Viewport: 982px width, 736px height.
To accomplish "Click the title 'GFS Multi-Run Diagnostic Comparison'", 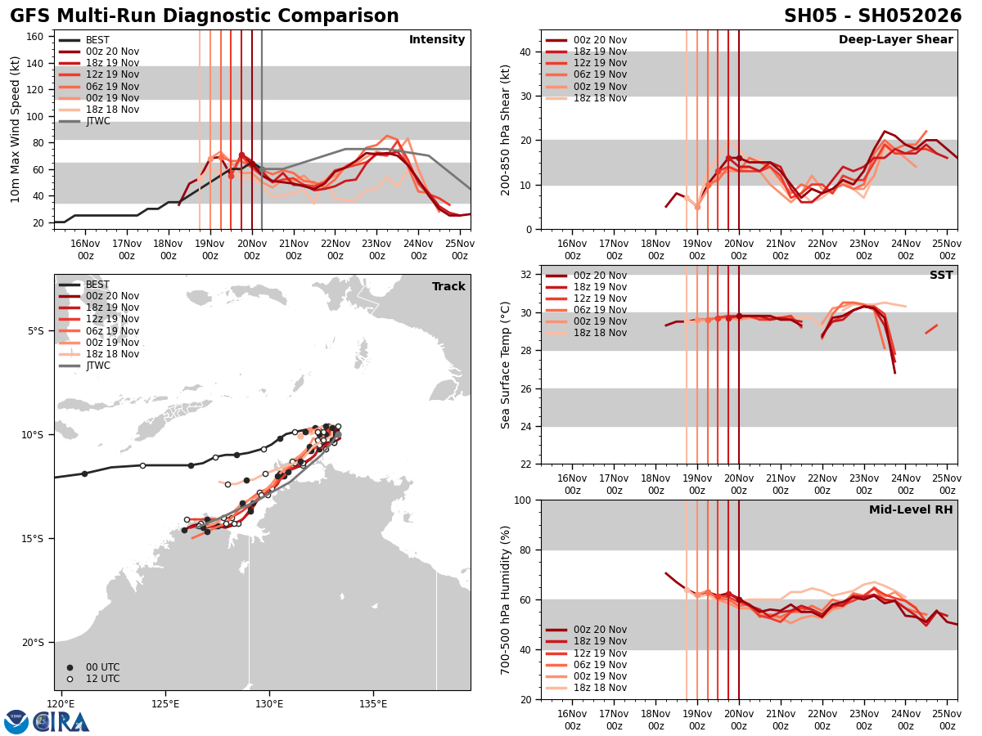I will tap(205, 16).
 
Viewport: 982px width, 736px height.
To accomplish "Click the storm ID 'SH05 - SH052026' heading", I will tap(872, 16).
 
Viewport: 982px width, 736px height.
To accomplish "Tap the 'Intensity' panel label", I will tap(437, 40).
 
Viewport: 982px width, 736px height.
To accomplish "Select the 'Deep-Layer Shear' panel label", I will tap(895, 40).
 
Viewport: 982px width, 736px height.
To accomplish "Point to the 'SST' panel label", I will tap(941, 276).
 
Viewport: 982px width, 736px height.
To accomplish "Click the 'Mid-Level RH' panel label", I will tap(911, 510).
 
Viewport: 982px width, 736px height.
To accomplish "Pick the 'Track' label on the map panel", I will tap(448, 287).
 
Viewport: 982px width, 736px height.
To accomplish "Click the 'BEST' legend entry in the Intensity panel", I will tap(97, 40).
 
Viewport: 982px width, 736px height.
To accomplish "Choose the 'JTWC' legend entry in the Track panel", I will tap(97, 366).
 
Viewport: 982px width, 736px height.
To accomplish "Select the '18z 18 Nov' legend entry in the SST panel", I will tap(600, 333).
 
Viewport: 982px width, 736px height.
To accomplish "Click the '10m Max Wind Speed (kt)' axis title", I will tap(15, 129).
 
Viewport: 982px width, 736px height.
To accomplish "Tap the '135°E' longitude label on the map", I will tap(373, 703).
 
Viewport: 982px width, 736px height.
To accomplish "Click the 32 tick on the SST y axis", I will tap(527, 274).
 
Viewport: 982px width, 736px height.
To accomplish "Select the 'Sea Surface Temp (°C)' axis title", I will tap(507, 365).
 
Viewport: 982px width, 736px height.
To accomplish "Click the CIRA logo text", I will tap(62, 721).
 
